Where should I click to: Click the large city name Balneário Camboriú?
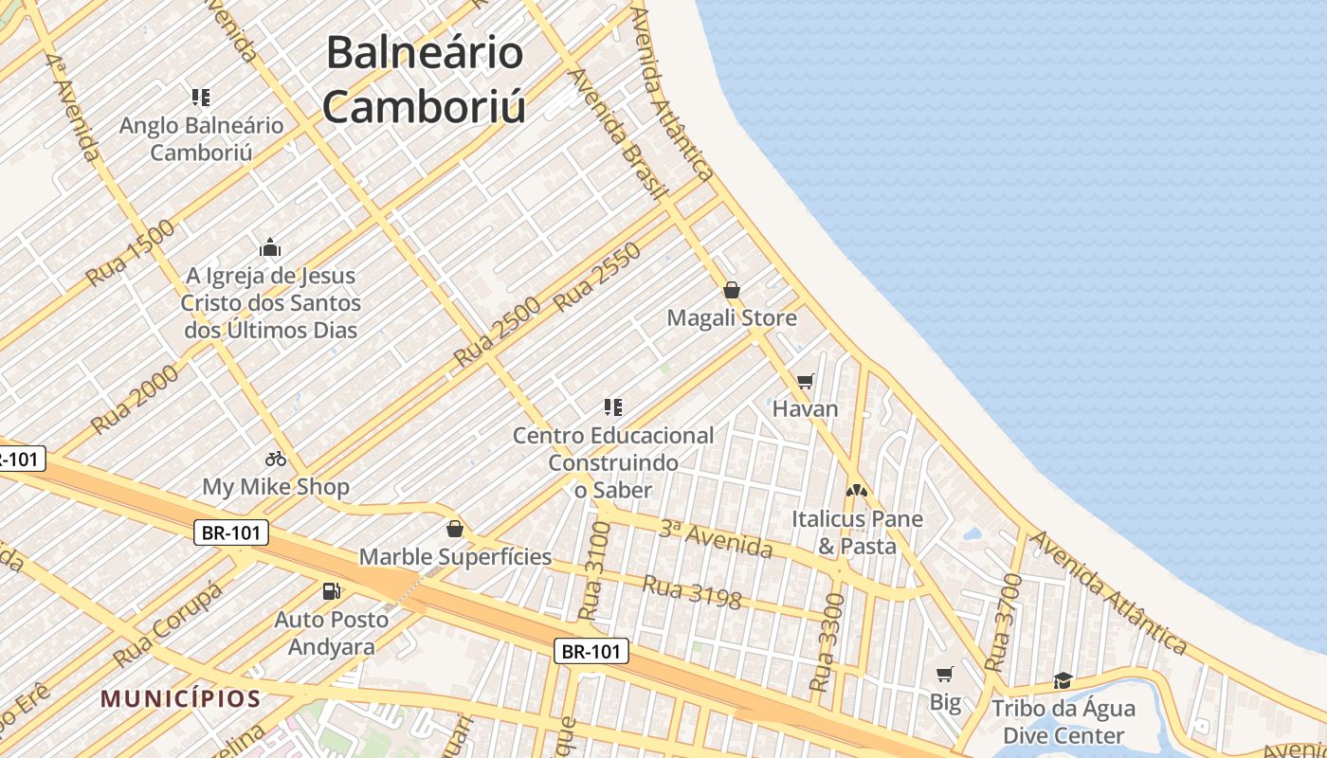tap(424, 80)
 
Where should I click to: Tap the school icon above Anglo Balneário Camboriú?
tap(200, 97)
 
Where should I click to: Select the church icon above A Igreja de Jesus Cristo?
tap(270, 248)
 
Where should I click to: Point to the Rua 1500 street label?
tap(131, 253)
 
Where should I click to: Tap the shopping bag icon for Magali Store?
tap(732, 290)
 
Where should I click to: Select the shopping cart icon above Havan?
tap(805, 381)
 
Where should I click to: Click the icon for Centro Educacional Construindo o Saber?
tap(613, 407)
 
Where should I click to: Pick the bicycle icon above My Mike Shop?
tap(276, 459)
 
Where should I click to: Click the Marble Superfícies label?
tap(455, 556)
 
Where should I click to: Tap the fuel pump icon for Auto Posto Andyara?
tap(331, 591)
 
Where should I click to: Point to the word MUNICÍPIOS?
tap(181, 699)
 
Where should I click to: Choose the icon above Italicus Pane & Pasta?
tap(857, 492)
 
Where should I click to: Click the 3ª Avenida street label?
tap(715, 537)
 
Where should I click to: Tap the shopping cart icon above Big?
tap(944, 675)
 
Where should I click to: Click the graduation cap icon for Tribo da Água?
tap(1063, 681)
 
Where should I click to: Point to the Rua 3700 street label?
tap(1003, 623)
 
